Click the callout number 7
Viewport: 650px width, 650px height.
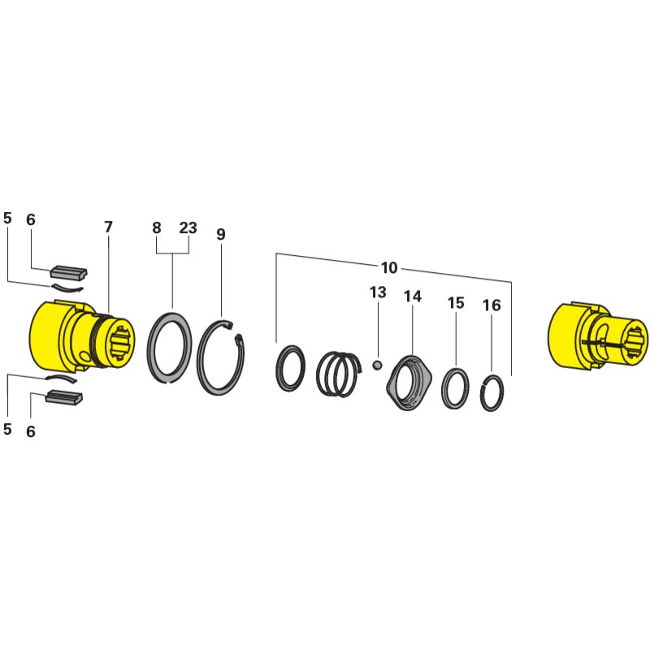[x=108, y=227]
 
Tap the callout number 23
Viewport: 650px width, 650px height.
[x=188, y=227]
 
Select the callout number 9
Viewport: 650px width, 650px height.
[x=221, y=234]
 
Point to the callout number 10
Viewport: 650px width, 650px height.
[x=389, y=268]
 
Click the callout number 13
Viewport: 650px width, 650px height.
[x=378, y=292]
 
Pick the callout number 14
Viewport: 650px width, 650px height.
[x=413, y=296]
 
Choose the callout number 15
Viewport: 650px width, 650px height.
[x=456, y=302]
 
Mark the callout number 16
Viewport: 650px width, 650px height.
[x=492, y=305]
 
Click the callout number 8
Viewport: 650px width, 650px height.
[x=156, y=227]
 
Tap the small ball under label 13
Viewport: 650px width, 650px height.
[x=377, y=365]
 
